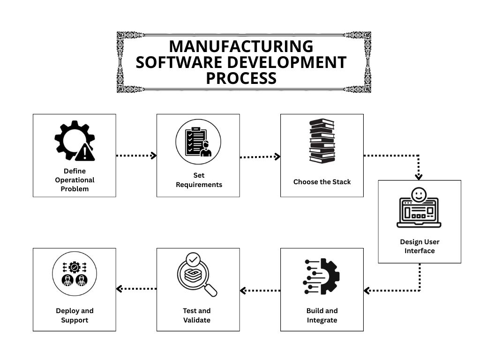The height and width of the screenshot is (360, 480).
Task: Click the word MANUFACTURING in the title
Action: (241, 46)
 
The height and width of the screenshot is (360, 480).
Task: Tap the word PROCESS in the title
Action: (241, 78)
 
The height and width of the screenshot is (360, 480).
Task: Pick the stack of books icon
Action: (322, 141)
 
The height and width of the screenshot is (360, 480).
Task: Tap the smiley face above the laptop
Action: (418, 194)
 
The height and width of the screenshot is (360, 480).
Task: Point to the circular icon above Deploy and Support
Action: (74, 274)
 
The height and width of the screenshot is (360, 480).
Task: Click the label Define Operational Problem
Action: (75, 180)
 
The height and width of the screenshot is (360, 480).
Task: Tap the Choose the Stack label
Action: (322, 182)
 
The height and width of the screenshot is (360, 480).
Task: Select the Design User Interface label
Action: (420, 246)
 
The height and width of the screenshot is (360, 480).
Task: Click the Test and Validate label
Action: (197, 315)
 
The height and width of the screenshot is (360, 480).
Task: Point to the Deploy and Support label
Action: (75, 315)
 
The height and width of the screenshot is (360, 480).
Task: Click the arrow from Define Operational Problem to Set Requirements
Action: (136, 156)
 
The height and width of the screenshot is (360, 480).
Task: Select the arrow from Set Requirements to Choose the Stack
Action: (260, 157)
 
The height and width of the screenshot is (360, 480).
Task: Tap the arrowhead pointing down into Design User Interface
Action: (419, 176)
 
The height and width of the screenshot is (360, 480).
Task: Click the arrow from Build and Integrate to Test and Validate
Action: (260, 291)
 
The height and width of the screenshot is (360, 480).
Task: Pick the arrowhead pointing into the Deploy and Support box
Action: (120, 289)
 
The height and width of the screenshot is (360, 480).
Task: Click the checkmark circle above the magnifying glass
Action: (193, 259)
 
